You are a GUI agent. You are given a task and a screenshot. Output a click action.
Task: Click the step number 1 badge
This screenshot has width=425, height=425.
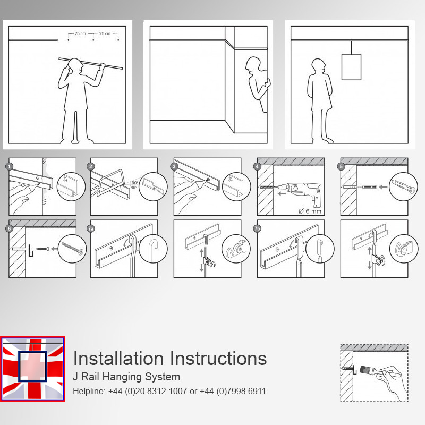pyautogui.click(x=9, y=166)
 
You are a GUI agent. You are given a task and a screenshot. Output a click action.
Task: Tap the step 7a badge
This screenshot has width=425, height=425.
pyautogui.click(x=91, y=228)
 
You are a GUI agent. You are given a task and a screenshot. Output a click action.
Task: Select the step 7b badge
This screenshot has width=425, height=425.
pyautogui.click(x=257, y=228)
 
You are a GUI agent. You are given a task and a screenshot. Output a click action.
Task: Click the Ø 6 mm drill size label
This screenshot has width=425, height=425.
pyautogui.click(x=310, y=211)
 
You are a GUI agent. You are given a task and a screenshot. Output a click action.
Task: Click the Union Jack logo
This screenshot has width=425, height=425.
pyautogui.click(x=32, y=369)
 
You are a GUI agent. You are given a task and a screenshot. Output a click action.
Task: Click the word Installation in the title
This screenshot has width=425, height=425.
pyautogui.click(x=118, y=358)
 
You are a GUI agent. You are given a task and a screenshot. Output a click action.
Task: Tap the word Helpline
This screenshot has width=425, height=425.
pyautogui.click(x=89, y=391)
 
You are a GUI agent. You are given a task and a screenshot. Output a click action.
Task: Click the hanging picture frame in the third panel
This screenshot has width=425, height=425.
pyautogui.click(x=351, y=67)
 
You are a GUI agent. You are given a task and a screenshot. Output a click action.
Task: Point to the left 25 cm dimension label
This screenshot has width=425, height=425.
pyautogui.click(x=80, y=33)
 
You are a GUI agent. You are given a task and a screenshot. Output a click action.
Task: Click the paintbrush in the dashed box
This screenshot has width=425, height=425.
pyautogui.click(x=368, y=370)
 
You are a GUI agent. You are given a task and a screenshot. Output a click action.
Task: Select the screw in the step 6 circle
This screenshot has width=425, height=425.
pyautogui.click(x=72, y=249)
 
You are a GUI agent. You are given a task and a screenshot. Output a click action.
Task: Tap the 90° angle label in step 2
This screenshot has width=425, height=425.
pyautogui.click(x=135, y=183)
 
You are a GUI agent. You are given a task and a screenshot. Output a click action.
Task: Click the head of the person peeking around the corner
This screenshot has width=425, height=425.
pyautogui.click(x=253, y=65)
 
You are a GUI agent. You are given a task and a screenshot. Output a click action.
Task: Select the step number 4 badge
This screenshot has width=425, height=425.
pyautogui.click(x=257, y=166)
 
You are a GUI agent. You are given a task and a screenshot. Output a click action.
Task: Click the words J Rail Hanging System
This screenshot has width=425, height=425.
pyautogui.click(x=126, y=377)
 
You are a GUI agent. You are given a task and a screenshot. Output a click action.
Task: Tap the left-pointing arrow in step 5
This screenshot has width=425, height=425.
pyautogui.click(x=383, y=187)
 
